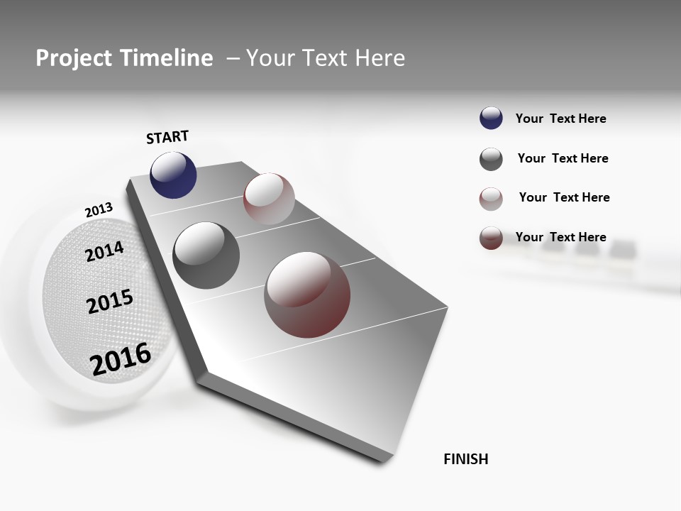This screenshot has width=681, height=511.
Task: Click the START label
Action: click(167, 137)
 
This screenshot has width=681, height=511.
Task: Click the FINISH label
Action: click(465, 459)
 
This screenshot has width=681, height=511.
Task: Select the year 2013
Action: click(99, 210)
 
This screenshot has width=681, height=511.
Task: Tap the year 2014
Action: click(105, 252)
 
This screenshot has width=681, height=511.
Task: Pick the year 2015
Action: click(110, 302)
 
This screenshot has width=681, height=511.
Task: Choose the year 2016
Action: click(121, 358)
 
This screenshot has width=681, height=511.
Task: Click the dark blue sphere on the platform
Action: click(173, 175)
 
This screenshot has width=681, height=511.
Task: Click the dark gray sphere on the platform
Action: click(206, 255)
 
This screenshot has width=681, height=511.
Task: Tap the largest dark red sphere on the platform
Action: click(307, 295)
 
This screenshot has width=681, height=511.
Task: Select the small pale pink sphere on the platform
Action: click(269, 198)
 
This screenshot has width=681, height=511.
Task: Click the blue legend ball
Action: click(491, 119)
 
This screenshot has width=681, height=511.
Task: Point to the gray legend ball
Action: click(491, 159)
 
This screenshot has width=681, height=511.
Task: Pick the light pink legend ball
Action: click(491, 199)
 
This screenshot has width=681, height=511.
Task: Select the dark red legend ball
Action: click(491, 238)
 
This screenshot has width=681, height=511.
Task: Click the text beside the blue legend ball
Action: click(560, 119)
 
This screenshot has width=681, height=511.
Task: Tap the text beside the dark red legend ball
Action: click(560, 237)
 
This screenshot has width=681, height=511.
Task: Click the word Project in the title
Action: click(73, 58)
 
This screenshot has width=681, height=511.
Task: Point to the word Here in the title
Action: click(380, 58)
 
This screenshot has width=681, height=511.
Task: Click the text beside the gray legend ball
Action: click(563, 158)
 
